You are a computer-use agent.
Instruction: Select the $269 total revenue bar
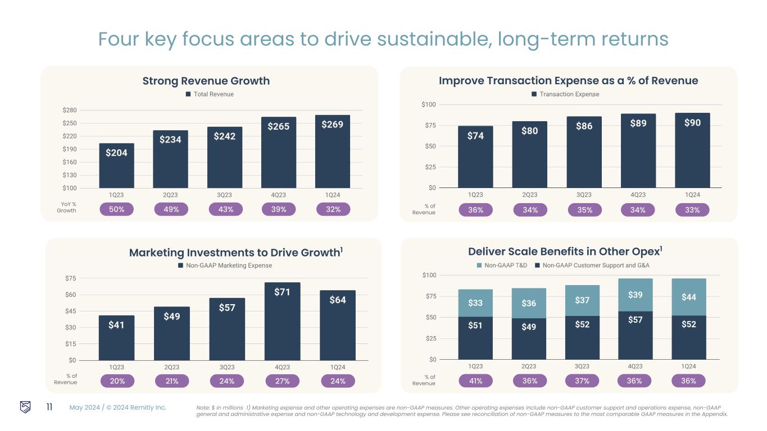332,152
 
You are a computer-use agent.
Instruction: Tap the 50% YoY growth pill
116,209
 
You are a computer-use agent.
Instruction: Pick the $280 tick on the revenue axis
70,111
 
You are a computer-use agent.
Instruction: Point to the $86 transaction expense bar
584,152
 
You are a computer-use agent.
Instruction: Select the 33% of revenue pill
692,210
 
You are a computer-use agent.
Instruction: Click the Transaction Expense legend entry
565,94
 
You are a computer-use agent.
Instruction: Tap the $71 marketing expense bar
282,321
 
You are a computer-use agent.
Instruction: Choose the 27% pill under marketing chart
282,381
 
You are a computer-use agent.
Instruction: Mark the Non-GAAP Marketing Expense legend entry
225,265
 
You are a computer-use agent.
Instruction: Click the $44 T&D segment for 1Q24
688,297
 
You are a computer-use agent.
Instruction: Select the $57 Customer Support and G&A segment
635,335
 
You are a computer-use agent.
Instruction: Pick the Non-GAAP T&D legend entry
501,265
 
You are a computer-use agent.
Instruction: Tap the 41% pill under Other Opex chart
475,380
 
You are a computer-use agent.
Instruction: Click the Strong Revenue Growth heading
206,81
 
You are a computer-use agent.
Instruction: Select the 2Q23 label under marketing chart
171,368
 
